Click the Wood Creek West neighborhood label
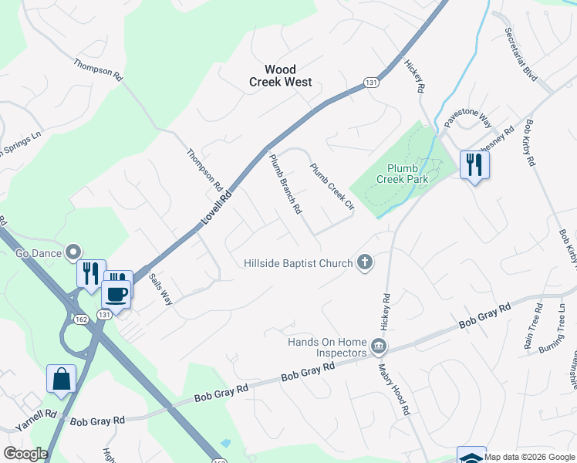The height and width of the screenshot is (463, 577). (x=281, y=75)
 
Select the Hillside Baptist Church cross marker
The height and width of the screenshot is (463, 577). (x=365, y=263)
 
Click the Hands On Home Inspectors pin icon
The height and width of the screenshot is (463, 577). (x=378, y=345)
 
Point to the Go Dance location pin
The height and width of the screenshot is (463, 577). (x=73, y=252)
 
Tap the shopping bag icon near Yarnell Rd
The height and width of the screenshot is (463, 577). (x=61, y=380)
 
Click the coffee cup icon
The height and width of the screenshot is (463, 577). (x=116, y=293)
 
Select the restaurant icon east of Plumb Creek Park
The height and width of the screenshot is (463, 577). (x=474, y=165)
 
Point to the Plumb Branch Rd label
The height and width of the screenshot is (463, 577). (x=285, y=184)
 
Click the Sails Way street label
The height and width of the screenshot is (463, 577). (x=160, y=289)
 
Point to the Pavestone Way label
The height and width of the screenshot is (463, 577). (x=467, y=118)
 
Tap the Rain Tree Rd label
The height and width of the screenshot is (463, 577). (x=533, y=332)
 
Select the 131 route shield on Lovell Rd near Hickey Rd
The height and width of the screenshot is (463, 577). (x=372, y=83)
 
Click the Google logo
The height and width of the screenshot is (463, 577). (x=25, y=454)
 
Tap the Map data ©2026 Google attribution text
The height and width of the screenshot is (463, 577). (x=529, y=457)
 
